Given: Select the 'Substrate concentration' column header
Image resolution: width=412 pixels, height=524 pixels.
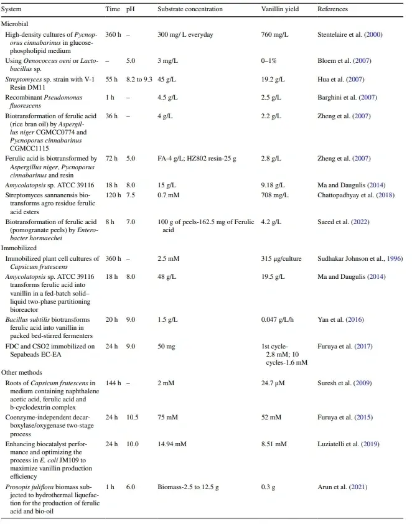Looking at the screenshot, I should (187, 9).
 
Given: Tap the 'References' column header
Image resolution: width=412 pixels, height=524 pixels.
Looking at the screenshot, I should (333, 9).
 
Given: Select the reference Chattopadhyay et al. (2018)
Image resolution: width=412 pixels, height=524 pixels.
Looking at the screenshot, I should (355, 195).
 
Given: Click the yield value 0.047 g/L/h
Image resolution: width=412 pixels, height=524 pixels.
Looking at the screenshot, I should (281, 319).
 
